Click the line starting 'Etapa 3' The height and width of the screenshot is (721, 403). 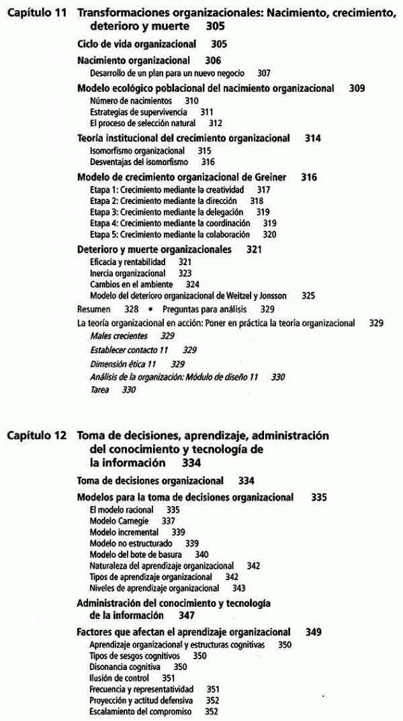[164, 212]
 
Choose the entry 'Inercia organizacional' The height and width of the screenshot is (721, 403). [127, 274]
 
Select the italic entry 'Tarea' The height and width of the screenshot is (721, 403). [99, 389]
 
